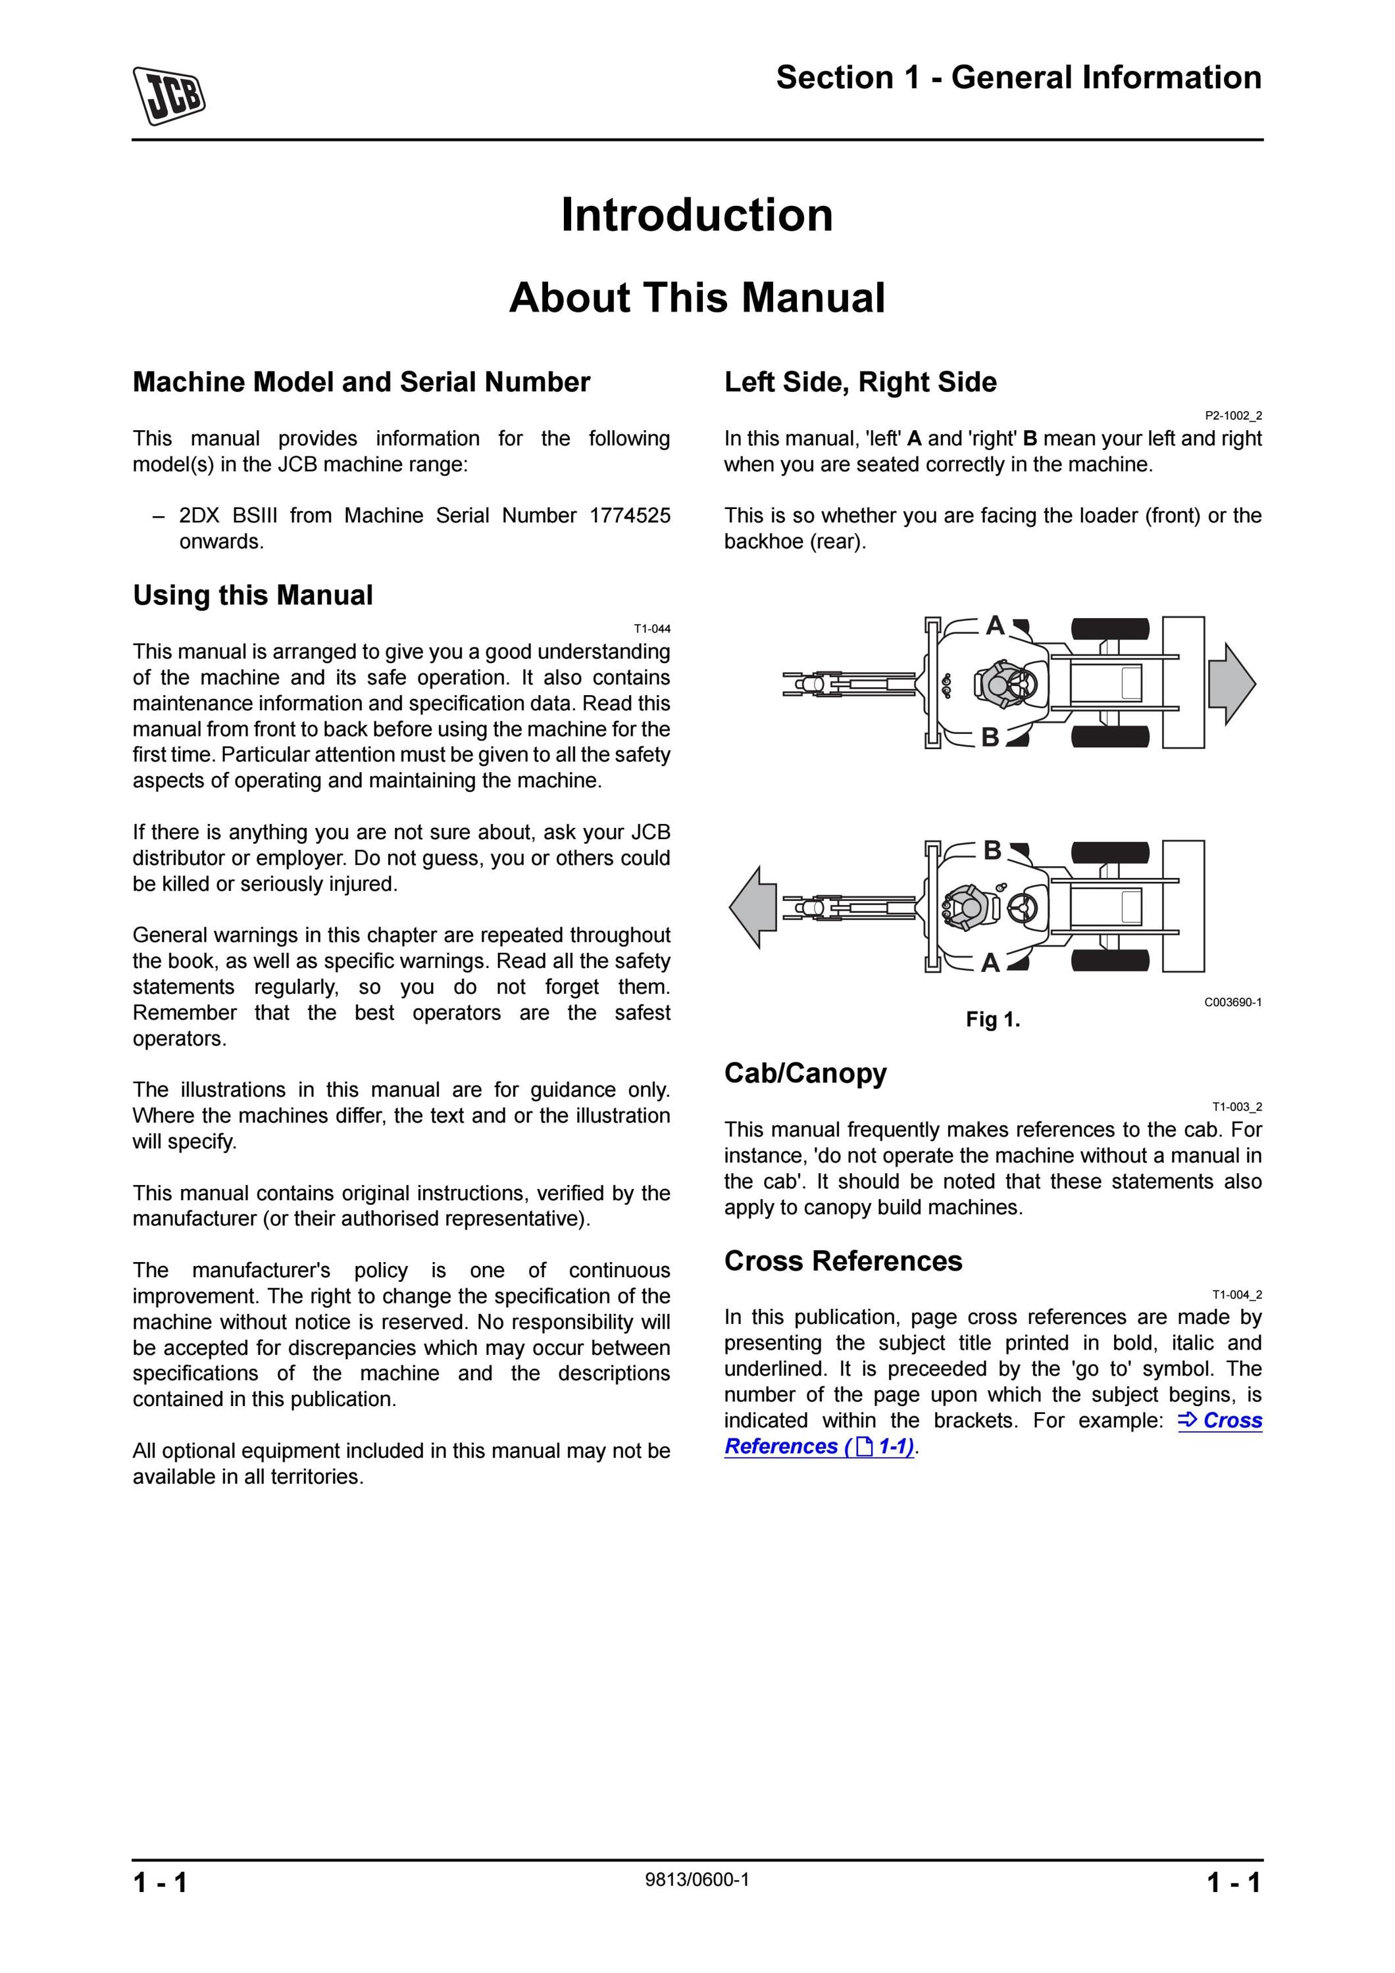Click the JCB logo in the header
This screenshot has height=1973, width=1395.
click(x=168, y=95)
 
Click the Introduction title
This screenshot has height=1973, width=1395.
click(x=697, y=215)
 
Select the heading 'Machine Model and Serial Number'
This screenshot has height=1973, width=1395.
click(x=361, y=381)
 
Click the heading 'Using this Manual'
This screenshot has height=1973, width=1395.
click(x=253, y=595)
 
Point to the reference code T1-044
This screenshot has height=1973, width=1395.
click(x=652, y=629)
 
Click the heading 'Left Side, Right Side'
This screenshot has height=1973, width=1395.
click(x=861, y=381)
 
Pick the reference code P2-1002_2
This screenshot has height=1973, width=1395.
click(x=1233, y=416)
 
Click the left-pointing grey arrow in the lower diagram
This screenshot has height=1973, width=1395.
click(x=753, y=908)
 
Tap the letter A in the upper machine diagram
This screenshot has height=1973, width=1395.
click(x=996, y=625)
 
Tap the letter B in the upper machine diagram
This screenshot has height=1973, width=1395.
click(x=990, y=737)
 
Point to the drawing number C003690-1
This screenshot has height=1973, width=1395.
click(x=1233, y=1002)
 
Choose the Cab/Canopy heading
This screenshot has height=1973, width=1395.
click(x=805, y=1073)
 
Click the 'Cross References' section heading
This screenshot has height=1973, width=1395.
click(x=843, y=1261)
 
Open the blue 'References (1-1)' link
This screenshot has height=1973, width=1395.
click(x=819, y=1446)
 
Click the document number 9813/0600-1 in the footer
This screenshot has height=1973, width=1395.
click(x=697, y=1880)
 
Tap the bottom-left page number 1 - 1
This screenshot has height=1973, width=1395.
click(x=160, y=1883)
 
